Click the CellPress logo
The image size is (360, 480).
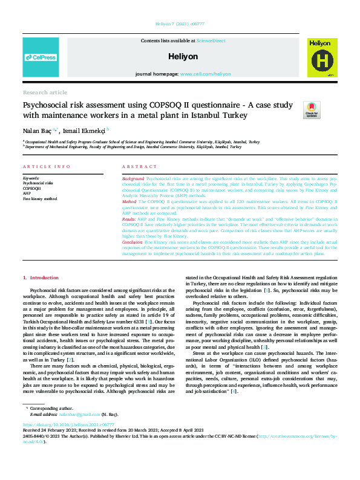[x=40, y=57]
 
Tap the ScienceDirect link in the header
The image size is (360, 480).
[x=210, y=40]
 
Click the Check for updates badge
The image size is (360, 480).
[x=329, y=110]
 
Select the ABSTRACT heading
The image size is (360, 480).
[x=139, y=166]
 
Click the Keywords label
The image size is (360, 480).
[x=31, y=178]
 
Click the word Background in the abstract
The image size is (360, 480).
[x=133, y=180]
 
